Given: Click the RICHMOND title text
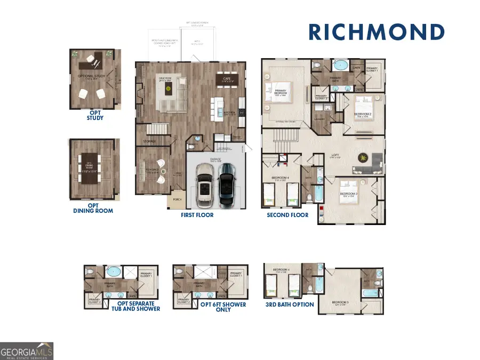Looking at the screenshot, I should (x=377, y=32).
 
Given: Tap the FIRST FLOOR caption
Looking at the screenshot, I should (x=197, y=215).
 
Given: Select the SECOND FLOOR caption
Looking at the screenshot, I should (x=287, y=215).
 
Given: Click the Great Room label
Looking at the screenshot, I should (x=166, y=80).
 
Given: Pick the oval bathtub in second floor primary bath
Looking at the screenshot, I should (x=340, y=67).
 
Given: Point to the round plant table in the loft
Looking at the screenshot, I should (x=363, y=157).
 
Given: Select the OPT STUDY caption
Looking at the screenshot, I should (x=95, y=115).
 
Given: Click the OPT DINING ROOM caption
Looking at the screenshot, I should (x=93, y=208).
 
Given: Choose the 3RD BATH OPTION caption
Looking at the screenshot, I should (x=290, y=305).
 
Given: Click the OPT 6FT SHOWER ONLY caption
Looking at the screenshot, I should (x=223, y=307).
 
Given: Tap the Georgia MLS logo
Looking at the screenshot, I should (x=27, y=351).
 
